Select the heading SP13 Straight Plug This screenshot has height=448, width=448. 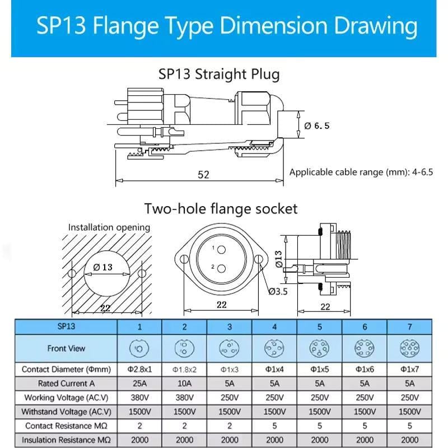pyautogui.click(x=219, y=73)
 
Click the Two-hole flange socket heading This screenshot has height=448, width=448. pyautogui.click(x=221, y=209)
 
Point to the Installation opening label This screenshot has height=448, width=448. pyautogui.click(x=109, y=227)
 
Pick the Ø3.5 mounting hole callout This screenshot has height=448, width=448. pyautogui.click(x=278, y=291)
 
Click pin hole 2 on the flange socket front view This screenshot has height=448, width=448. pyautogui.click(x=221, y=268)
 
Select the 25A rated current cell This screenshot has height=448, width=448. pyautogui.click(x=139, y=384)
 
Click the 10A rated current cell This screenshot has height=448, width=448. pyautogui.click(x=184, y=384)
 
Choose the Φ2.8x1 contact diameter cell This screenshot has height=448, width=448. pyautogui.click(x=139, y=370)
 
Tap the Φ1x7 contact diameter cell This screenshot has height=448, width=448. pyautogui.click(x=409, y=370)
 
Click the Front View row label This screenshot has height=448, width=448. pyautogui.click(x=66, y=348)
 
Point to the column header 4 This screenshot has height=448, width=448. pyautogui.click(x=274, y=326)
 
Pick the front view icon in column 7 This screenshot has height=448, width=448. pyautogui.click(x=409, y=348)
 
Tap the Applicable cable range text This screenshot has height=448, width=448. pyautogui.click(x=361, y=172)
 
